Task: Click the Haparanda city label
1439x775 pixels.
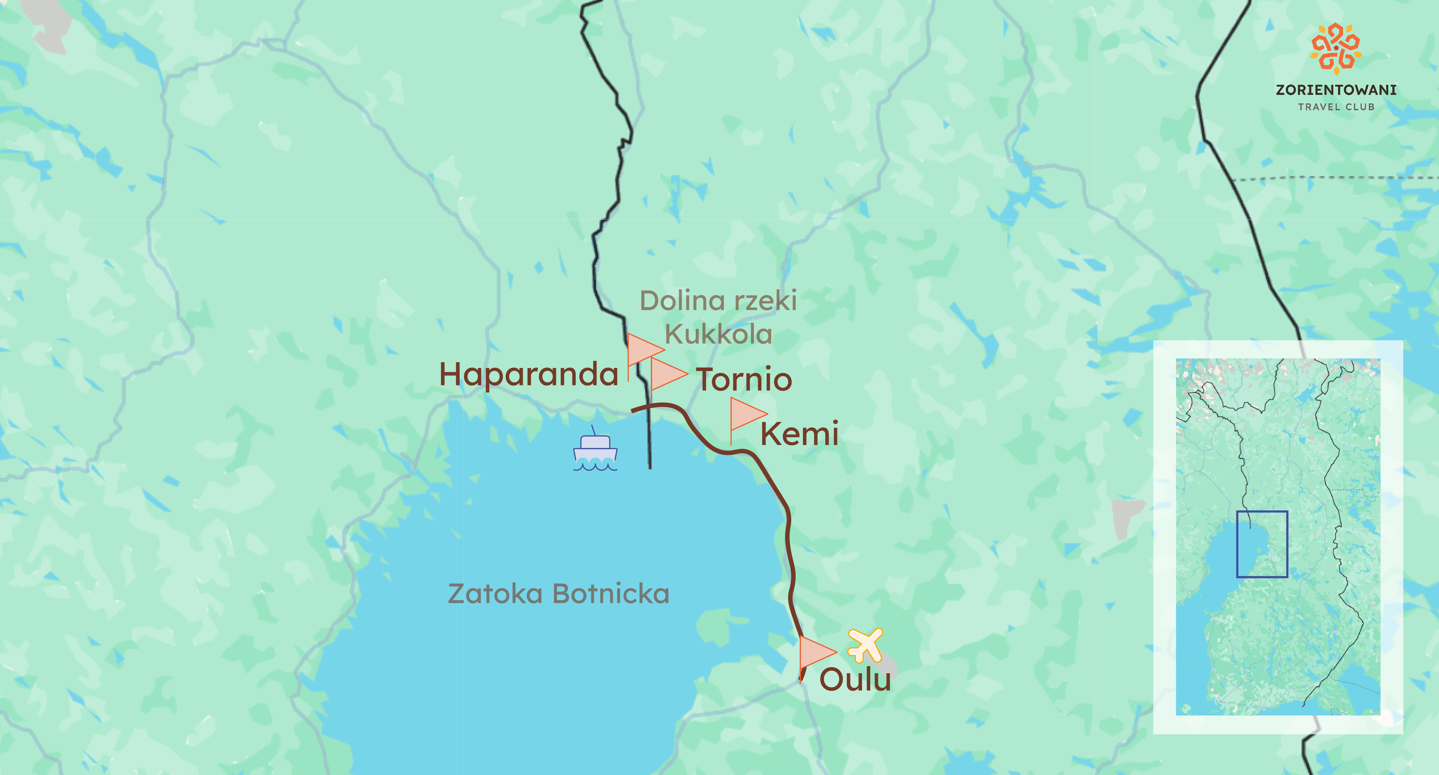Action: pos(528,374)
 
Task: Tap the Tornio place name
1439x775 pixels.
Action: pos(744,380)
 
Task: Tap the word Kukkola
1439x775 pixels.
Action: pos(718,334)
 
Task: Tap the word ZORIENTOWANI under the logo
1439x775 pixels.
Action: pos(1336,90)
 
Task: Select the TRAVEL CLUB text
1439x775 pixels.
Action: pos(1336,107)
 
